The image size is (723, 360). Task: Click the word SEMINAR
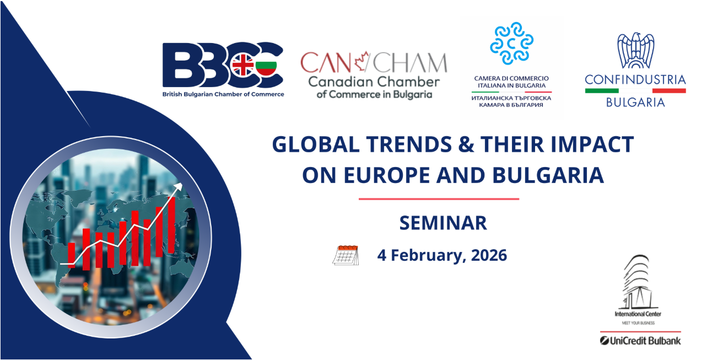coord(443,223)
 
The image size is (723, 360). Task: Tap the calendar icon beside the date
coord(346,255)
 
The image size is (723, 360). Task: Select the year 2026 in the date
coord(489,255)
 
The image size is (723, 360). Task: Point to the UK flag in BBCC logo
coord(243,65)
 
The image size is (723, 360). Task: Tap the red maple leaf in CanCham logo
coord(362,61)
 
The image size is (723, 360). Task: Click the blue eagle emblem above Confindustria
coord(635,50)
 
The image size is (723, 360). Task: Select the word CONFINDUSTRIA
coord(635,79)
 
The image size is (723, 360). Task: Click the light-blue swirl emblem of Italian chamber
coord(511,43)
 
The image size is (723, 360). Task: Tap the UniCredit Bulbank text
coord(640,341)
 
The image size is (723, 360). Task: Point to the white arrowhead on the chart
coord(179,187)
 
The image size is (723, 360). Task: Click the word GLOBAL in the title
coord(316,144)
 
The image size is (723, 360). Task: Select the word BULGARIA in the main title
coord(548,175)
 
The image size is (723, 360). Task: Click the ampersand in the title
coord(466,144)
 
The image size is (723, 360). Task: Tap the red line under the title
coord(439,199)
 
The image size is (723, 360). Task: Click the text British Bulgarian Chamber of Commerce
coord(223,94)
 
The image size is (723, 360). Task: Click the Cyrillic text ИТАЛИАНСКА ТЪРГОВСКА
coord(511,98)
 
